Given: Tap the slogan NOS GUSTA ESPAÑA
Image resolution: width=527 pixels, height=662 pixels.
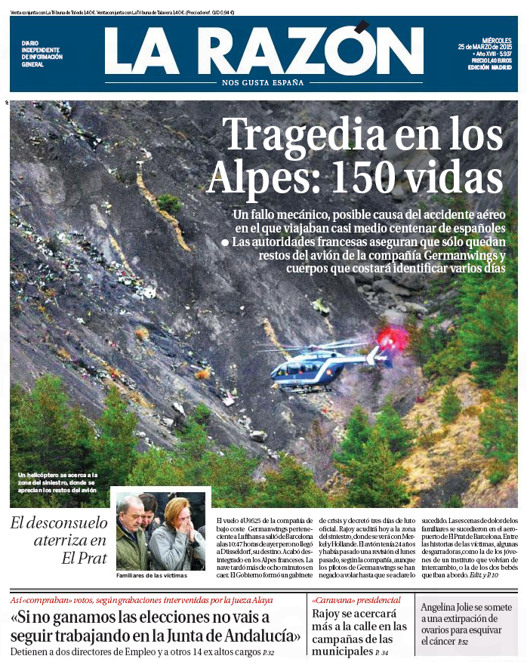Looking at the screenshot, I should [263, 82].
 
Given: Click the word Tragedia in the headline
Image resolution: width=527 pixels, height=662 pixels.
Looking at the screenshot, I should [282, 135].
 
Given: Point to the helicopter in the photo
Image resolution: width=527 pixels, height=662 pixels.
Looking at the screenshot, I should [324, 365].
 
